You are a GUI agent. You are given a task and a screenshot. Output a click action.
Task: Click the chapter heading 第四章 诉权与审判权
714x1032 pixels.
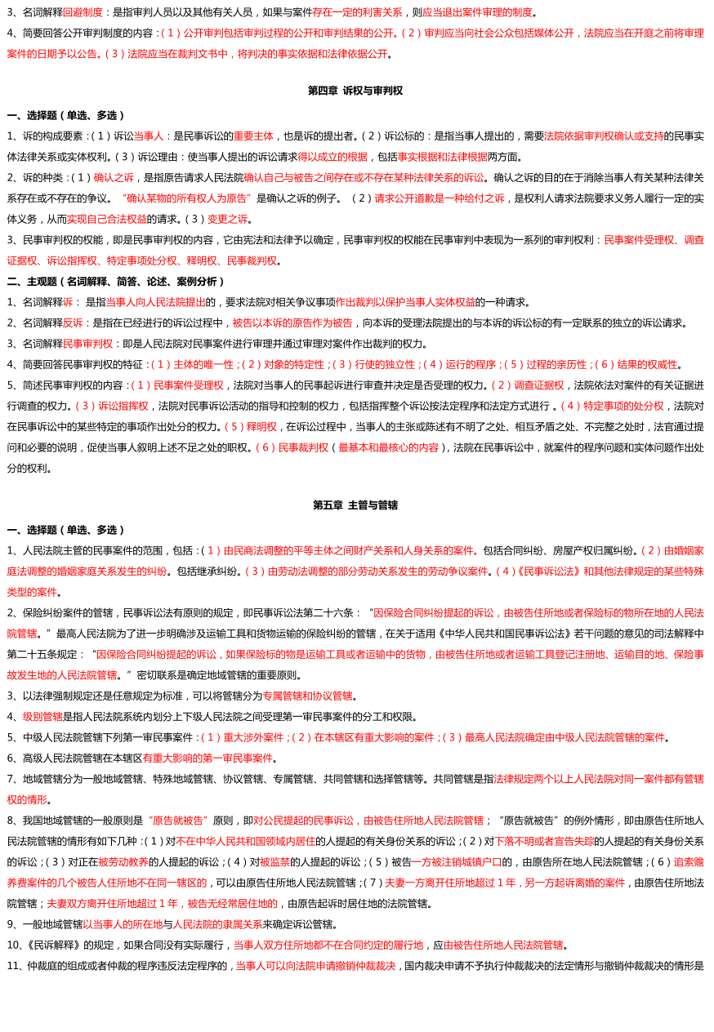[x=355, y=91]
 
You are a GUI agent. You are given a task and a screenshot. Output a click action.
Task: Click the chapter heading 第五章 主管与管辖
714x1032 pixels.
[x=355, y=505]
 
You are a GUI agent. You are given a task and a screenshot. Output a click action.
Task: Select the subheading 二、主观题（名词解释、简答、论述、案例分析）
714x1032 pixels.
[x=116, y=282]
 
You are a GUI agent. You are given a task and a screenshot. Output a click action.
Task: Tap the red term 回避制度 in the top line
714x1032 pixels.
[x=83, y=12]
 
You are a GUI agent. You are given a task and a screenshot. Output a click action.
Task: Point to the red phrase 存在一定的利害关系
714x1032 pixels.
[x=357, y=12]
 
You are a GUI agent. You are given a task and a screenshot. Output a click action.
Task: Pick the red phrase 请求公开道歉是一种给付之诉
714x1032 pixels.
[x=440, y=198]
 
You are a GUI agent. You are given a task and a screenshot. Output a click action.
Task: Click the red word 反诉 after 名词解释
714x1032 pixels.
[x=73, y=323]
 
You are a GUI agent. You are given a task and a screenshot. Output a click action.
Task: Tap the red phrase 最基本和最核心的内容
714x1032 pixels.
[x=388, y=447]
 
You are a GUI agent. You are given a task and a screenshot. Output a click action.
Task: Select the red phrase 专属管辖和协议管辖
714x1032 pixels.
[x=307, y=696]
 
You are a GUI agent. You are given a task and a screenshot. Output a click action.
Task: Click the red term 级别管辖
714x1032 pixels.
[x=42, y=717]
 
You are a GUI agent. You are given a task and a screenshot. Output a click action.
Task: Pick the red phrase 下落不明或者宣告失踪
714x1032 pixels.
[x=544, y=841]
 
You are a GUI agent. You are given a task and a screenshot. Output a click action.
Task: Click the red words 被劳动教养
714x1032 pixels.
[x=123, y=862]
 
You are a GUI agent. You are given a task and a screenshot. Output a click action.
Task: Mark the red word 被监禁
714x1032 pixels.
[x=275, y=862]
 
